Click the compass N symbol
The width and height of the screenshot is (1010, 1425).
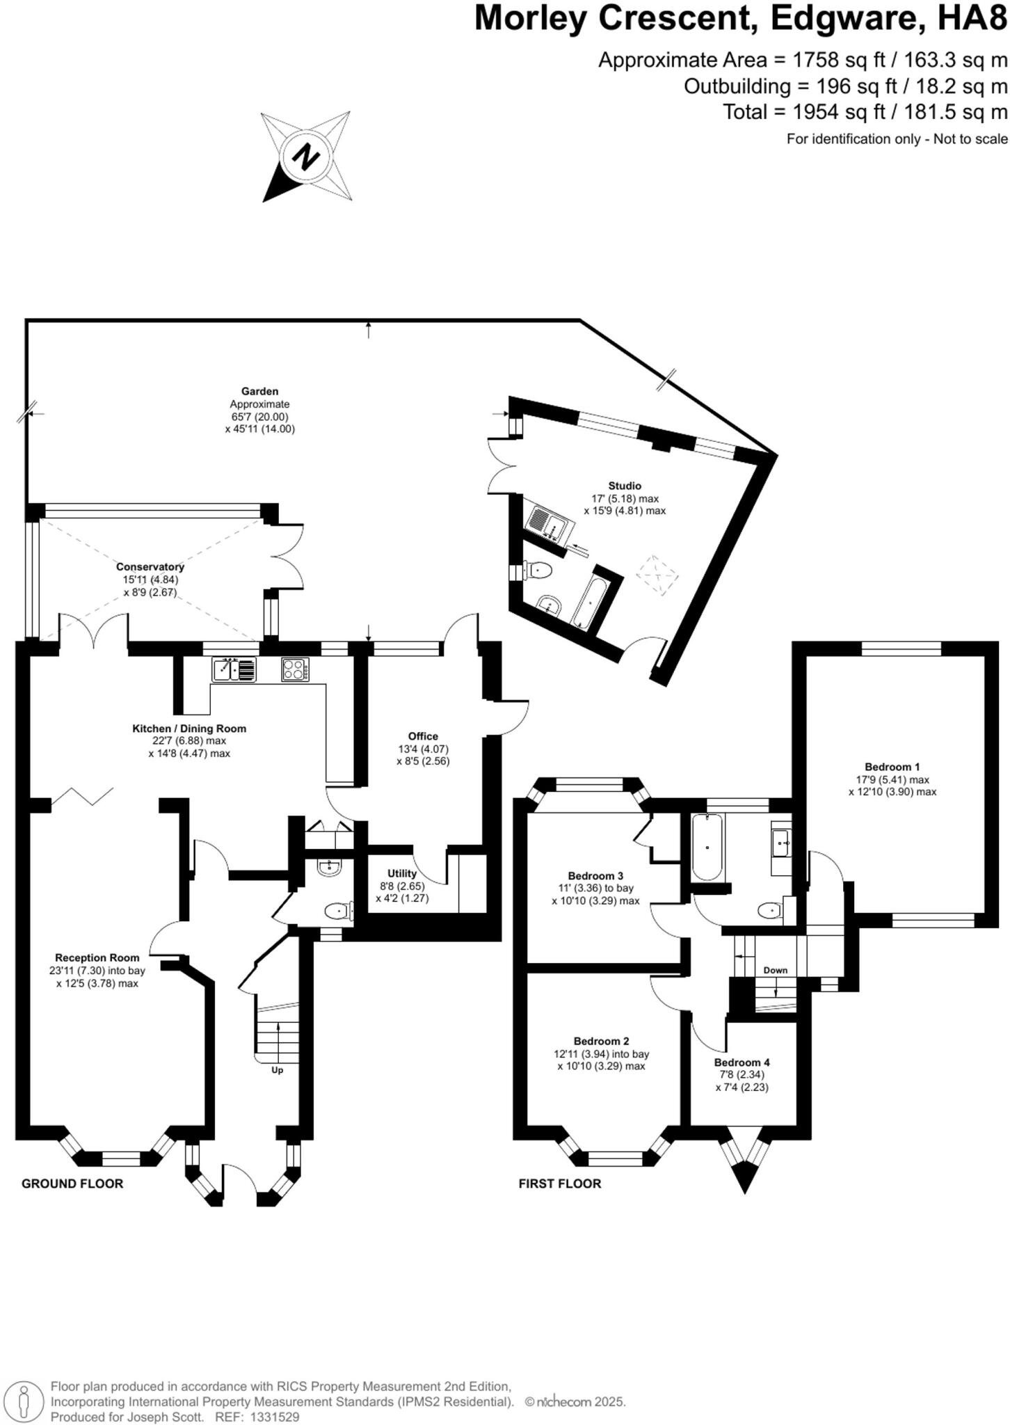coord(305,157)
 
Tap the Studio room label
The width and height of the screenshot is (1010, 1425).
coord(624,486)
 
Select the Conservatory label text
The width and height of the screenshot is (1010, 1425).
coord(150,567)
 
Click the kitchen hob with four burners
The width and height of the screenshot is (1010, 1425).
coord(295,669)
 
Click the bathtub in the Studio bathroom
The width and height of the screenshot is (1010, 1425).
coord(590,601)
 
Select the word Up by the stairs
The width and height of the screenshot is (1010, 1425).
coord(277,1070)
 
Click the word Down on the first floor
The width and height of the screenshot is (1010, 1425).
coord(775,970)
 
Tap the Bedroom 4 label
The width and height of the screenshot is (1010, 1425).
coord(742,1062)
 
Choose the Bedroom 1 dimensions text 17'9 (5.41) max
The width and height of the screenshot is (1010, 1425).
coord(892,779)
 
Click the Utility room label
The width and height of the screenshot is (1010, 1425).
coord(402,873)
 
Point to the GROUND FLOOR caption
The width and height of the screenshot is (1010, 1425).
coord(72,1184)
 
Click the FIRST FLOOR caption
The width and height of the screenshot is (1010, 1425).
coord(559,1184)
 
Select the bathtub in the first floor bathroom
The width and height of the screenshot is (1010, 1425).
coord(707,847)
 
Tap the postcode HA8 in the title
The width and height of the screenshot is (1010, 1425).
coord(972,19)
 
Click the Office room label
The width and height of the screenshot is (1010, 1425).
coord(423,736)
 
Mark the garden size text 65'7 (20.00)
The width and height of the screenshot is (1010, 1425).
coord(259,417)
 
